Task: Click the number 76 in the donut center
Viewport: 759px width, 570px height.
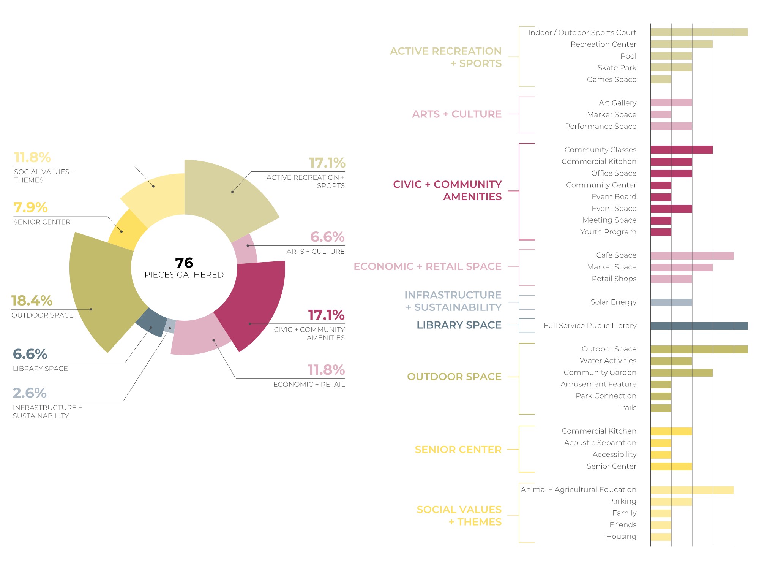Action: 184,263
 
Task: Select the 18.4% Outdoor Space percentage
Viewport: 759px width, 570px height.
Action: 32,301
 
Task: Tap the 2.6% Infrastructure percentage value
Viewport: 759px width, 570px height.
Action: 30,393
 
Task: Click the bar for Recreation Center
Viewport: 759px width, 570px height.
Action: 681,44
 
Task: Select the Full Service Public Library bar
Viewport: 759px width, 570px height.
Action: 699,326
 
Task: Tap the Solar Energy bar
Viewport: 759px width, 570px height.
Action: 671,302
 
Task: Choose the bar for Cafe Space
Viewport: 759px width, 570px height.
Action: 692,255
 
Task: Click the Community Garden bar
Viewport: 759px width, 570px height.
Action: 681,373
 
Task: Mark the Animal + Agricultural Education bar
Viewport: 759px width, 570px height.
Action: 692,490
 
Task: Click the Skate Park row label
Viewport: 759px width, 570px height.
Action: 617,68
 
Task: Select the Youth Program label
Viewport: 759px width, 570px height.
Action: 608,232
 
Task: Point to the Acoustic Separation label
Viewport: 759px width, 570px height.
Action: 600,443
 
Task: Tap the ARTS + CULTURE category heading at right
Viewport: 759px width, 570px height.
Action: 457,114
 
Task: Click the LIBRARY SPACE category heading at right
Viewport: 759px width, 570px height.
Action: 459,325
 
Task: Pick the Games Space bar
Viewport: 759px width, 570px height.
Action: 661,79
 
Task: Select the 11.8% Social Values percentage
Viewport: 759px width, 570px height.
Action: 33,157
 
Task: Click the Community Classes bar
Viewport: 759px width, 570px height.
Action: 681,150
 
